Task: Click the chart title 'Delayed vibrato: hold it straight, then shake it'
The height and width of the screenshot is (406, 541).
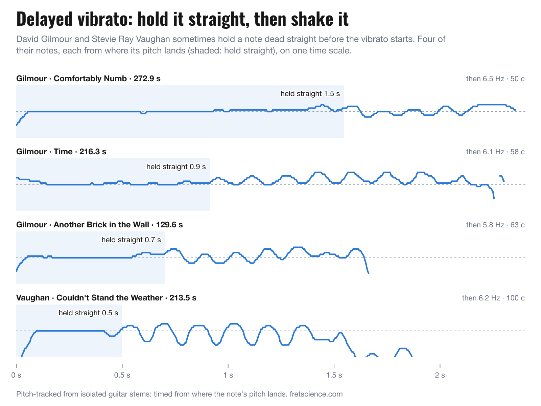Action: click(x=182, y=19)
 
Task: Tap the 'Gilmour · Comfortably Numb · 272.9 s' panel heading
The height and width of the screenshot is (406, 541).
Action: click(x=88, y=78)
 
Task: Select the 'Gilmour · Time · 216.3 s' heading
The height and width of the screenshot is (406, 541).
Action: click(x=61, y=151)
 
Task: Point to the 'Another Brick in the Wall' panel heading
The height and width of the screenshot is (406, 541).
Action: click(x=99, y=225)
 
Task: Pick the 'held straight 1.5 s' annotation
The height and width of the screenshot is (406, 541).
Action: click(x=310, y=94)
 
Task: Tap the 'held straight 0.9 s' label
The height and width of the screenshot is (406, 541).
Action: click(x=176, y=167)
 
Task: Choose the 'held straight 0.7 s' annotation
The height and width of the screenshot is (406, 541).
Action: click(x=131, y=240)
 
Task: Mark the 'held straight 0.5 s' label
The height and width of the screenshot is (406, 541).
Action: click(x=88, y=313)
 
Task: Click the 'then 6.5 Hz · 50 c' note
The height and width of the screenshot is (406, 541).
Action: click(x=495, y=78)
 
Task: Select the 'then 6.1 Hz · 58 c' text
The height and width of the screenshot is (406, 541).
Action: click(x=495, y=152)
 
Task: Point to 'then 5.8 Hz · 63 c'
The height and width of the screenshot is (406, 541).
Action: click(x=495, y=225)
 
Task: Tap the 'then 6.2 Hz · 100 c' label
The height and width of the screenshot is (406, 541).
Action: click(x=493, y=298)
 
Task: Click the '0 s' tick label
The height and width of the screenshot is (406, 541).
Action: click(x=16, y=375)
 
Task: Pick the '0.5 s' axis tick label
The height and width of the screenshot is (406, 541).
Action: click(x=122, y=375)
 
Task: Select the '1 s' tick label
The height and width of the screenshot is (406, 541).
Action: click(x=228, y=375)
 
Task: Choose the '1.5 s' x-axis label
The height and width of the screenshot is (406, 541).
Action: click(x=334, y=375)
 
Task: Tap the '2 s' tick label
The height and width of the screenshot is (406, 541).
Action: click(x=440, y=375)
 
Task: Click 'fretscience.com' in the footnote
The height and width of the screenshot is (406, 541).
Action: click(x=316, y=394)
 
